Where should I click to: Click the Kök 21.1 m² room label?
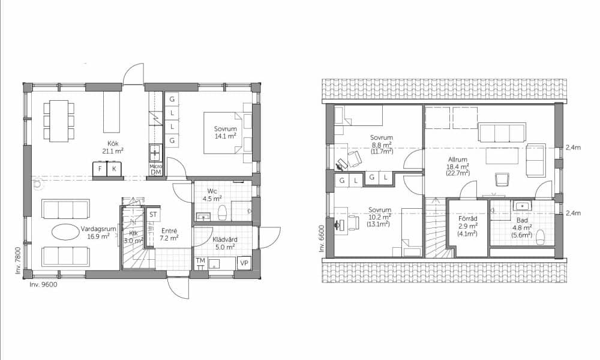113,147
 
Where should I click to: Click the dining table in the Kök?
59,121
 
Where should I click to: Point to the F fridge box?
100,169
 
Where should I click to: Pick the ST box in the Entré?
153,214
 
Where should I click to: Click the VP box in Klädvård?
244,263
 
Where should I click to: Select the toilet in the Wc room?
222,214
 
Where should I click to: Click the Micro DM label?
156,169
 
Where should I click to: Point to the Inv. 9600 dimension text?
43,284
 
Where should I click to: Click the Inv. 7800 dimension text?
17,260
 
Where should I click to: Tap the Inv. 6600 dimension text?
322,239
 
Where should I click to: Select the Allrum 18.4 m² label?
458,166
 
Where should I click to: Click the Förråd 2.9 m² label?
467,226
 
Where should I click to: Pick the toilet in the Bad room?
541,237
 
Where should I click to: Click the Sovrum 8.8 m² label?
382,144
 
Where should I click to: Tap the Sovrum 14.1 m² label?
225,133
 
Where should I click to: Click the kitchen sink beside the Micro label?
156,153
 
